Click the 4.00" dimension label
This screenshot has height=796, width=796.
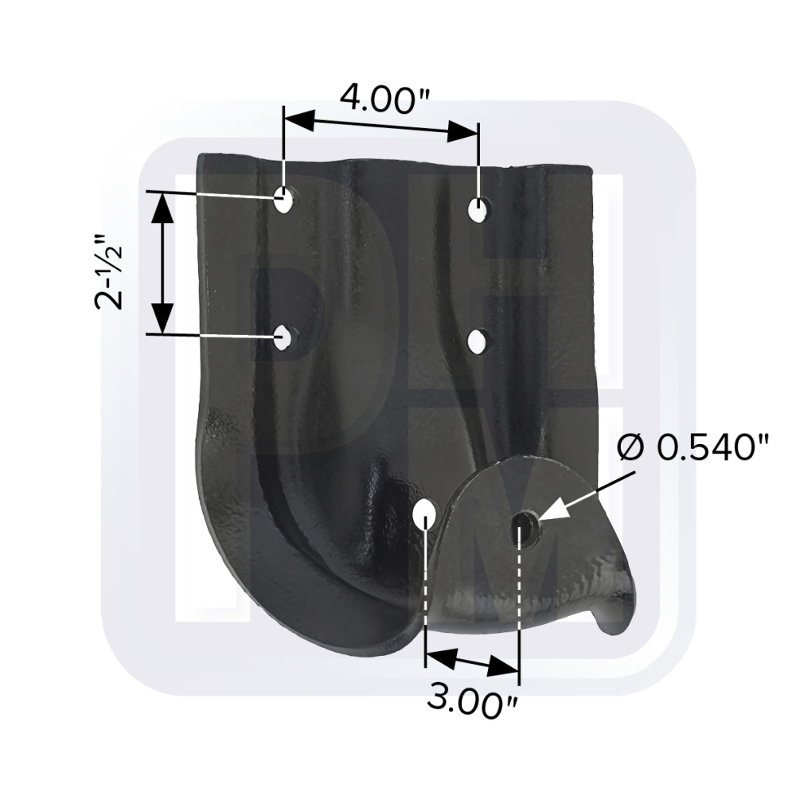click(x=384, y=99)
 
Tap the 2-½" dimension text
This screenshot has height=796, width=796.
click(x=109, y=271)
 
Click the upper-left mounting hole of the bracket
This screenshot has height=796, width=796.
click(x=284, y=200)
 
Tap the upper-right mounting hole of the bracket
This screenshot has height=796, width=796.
click(x=477, y=209)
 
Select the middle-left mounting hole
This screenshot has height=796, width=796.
click(x=283, y=338)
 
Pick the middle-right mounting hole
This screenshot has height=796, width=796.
click(x=476, y=341)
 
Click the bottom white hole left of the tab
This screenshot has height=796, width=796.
click(x=423, y=515)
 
